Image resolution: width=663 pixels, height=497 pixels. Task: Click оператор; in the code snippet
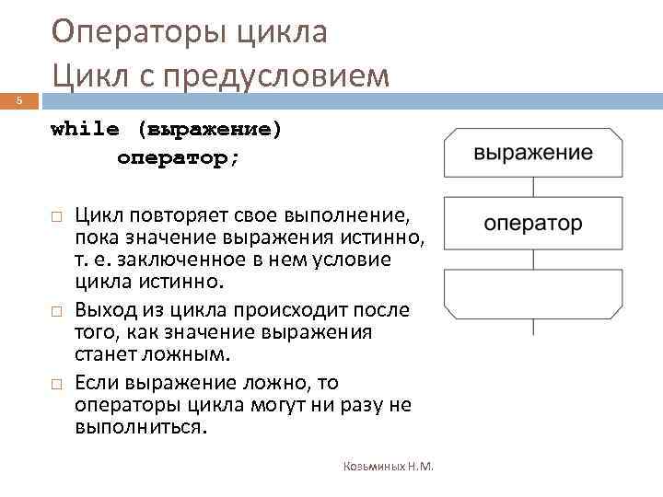177,157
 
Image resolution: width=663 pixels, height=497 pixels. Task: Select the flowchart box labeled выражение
533,153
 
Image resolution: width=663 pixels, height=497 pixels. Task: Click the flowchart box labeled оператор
533,224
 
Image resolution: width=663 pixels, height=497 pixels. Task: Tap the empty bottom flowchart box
533,294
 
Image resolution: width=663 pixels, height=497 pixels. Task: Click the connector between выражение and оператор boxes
534,187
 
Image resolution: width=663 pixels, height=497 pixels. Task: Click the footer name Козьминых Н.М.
388,468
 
